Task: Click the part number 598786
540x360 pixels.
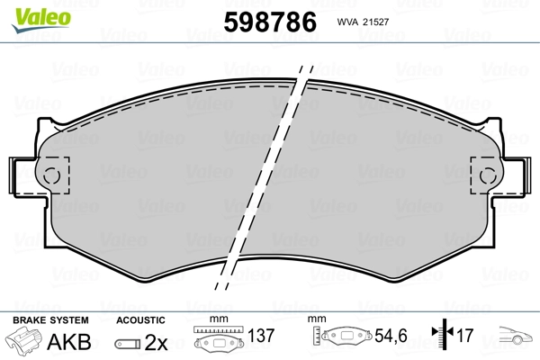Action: click(x=270, y=22)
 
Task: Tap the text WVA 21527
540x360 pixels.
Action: click(x=363, y=22)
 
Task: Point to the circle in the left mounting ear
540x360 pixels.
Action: click(x=51, y=175)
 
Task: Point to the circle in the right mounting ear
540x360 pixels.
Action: click(x=488, y=175)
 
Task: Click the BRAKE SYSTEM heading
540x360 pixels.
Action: click(x=50, y=320)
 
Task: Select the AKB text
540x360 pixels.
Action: click(x=69, y=342)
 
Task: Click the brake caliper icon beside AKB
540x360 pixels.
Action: click(x=23, y=339)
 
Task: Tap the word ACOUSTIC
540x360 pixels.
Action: click(x=140, y=320)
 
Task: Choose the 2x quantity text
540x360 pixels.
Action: click(x=156, y=342)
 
